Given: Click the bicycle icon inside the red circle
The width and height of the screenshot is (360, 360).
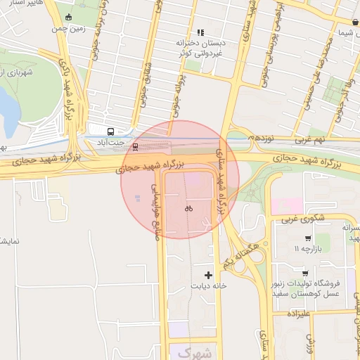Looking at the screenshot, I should point(188,208).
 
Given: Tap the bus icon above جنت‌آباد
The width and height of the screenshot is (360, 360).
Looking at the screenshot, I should point(110,131).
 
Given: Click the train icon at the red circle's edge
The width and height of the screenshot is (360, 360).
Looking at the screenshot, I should point(136,146).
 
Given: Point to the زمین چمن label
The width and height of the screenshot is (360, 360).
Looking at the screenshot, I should point(67,30).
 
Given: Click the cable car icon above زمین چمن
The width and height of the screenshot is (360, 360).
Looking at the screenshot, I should point(67,18).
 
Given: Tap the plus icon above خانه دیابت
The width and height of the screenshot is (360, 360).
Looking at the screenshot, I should point(208,274).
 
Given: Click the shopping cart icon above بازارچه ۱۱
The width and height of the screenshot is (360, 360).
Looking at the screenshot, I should point(307,238).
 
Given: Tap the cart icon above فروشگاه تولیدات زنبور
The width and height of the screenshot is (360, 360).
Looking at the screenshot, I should point(304,273).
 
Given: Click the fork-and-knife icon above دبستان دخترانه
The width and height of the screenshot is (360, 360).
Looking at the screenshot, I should point(201,32).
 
